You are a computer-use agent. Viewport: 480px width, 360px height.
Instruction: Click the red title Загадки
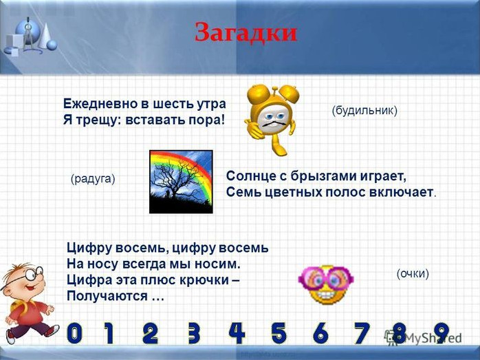pyautogui.click(x=246, y=32)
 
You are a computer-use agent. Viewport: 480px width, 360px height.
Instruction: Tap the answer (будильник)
pyautogui.click(x=364, y=110)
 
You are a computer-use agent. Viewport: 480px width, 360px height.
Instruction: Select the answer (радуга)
pyautogui.click(x=93, y=179)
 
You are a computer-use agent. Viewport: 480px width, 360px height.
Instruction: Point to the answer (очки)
pyautogui.click(x=413, y=273)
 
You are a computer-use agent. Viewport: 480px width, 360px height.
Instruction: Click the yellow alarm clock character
pyautogui.click(x=272, y=120)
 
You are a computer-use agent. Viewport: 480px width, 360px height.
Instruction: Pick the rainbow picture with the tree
pyautogui.click(x=181, y=182)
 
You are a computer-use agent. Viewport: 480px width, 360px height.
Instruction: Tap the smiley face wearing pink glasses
pyautogui.click(x=326, y=284)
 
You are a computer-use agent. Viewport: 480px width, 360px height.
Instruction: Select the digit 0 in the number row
pyautogui.click(x=75, y=333)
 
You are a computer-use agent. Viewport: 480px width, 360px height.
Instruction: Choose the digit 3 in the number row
pyautogui.click(x=194, y=333)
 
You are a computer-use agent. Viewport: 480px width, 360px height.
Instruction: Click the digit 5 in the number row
pyautogui.click(x=279, y=333)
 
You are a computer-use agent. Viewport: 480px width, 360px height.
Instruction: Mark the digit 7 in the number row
pyautogui.click(x=362, y=333)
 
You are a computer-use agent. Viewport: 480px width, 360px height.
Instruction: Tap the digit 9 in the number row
pyautogui.click(x=441, y=333)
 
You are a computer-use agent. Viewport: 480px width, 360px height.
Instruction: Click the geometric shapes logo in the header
pyautogui.click(x=31, y=37)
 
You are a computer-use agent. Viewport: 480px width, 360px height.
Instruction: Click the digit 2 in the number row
pyautogui.click(x=151, y=333)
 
